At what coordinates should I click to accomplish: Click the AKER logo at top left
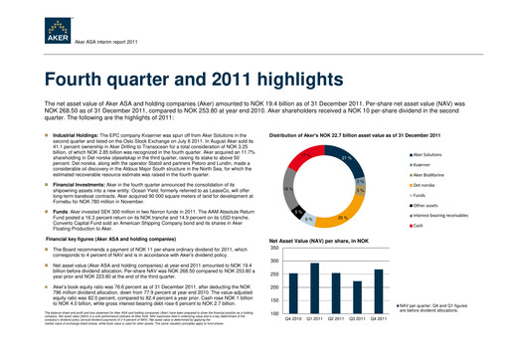(x=35, y=21)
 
